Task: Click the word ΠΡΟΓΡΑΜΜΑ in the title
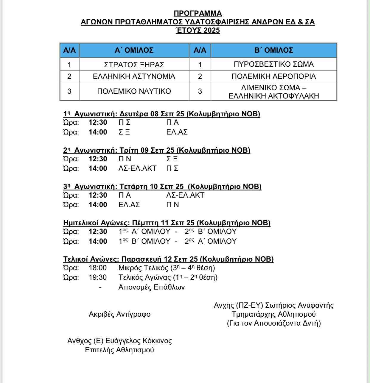[x=198, y=13]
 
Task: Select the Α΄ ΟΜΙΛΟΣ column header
[x=134, y=50]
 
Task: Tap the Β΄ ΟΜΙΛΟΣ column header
[x=274, y=50]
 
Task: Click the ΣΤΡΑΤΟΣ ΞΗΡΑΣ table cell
[x=134, y=65]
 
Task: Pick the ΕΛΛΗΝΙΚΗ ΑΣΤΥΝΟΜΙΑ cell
[x=134, y=76]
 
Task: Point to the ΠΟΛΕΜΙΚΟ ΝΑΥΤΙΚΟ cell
[x=134, y=91]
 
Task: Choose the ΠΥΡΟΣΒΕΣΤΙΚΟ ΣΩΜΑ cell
[x=274, y=64]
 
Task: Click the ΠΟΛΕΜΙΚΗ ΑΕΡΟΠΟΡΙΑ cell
[x=274, y=76]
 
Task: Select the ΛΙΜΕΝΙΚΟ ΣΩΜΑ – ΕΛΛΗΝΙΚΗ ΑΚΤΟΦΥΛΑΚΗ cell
[x=274, y=92]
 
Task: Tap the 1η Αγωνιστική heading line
[x=161, y=114]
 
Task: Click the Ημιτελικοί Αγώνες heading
[x=167, y=223]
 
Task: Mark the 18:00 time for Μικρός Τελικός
[x=98, y=268]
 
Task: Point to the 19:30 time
[x=98, y=277]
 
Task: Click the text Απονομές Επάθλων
[x=151, y=287]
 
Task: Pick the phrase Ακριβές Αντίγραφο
[x=119, y=314]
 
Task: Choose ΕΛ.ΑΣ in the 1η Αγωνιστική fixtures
[x=177, y=132]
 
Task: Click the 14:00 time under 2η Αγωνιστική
[x=98, y=168]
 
